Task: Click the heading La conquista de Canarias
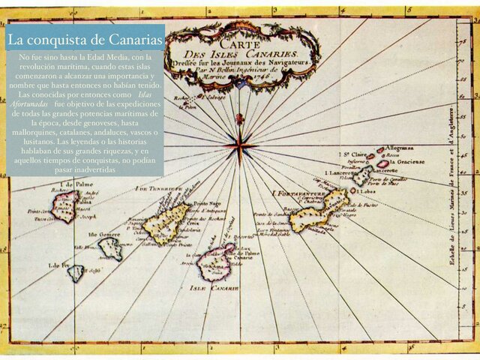(x=85, y=39)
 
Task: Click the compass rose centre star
(x=240, y=144)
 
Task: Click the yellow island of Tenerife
(x=166, y=222)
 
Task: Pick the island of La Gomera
(x=111, y=248)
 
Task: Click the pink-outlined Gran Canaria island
(x=216, y=261)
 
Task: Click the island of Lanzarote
(x=364, y=175)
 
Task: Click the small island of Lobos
(x=353, y=190)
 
